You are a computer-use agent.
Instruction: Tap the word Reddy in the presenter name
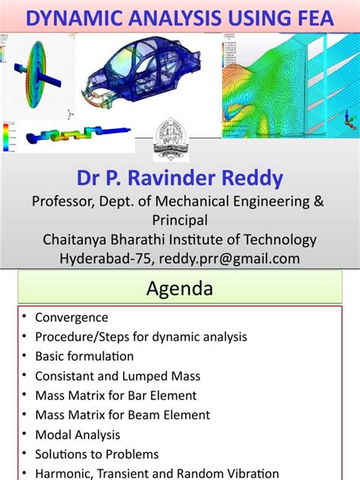257,179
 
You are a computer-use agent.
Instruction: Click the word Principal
179,220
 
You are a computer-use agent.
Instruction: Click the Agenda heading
180,289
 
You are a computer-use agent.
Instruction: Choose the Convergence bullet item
71,317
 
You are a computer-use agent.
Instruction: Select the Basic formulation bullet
84,356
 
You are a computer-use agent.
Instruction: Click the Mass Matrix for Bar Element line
115,395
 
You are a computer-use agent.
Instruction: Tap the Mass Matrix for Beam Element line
122,415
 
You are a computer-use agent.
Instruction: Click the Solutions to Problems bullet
96,453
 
